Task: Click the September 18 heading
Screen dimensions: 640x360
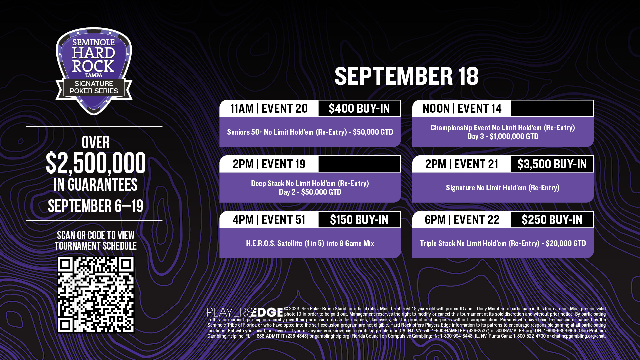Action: click(406, 76)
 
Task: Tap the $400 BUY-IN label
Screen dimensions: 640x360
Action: click(359, 108)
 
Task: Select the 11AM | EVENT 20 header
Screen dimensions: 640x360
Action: click(269, 108)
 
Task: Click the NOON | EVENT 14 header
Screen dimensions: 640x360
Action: click(462, 108)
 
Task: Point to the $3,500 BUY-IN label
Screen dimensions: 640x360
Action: click(552, 164)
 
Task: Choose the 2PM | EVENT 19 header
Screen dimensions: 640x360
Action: click(269, 164)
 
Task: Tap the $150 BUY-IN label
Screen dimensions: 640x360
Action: click(359, 220)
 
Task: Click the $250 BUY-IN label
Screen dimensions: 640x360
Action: click(552, 220)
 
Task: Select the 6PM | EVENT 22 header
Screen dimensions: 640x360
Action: click(462, 220)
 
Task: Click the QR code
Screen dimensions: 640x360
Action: click(96, 295)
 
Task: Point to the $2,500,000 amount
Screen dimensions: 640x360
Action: click(96, 163)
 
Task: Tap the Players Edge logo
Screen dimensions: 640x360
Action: click(245, 312)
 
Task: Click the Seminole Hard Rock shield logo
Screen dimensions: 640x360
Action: click(94, 71)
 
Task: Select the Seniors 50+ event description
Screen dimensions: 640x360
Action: click(310, 132)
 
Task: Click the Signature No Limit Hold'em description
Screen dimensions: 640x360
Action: click(503, 188)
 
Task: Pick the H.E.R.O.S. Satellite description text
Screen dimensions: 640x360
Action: click(310, 243)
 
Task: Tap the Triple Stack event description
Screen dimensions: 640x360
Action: click(503, 243)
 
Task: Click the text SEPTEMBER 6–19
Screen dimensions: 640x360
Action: click(96, 206)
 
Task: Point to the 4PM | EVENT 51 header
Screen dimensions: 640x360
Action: click(269, 220)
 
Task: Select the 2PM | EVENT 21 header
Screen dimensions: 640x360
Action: click(462, 164)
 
